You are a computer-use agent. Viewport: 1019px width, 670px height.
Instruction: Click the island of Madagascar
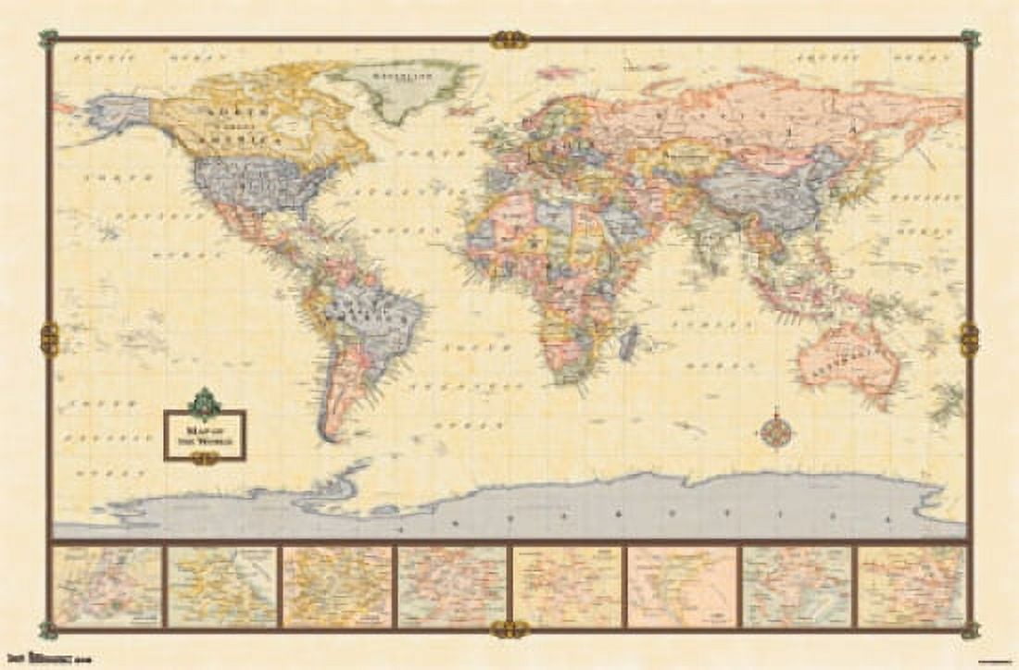pyautogui.click(x=629, y=341)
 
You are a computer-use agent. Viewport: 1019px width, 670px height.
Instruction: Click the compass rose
pyautogui.click(x=774, y=432)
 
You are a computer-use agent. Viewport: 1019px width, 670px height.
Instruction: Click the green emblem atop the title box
pyautogui.click(x=204, y=403)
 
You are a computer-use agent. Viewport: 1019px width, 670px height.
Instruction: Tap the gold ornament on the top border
pyautogui.click(x=509, y=39)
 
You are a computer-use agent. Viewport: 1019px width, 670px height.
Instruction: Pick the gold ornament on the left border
pyautogui.click(x=49, y=340)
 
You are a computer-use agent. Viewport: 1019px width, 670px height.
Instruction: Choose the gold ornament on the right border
pyautogui.click(x=969, y=340)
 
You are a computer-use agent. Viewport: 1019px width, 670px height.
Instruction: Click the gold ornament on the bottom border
pyautogui.click(x=509, y=629)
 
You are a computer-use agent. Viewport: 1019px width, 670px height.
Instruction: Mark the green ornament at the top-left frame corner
pyautogui.click(x=48, y=39)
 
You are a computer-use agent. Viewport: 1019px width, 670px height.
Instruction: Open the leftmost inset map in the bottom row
pyautogui.click(x=107, y=586)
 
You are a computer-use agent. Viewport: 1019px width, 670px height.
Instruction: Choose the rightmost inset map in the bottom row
pyautogui.click(x=912, y=586)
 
